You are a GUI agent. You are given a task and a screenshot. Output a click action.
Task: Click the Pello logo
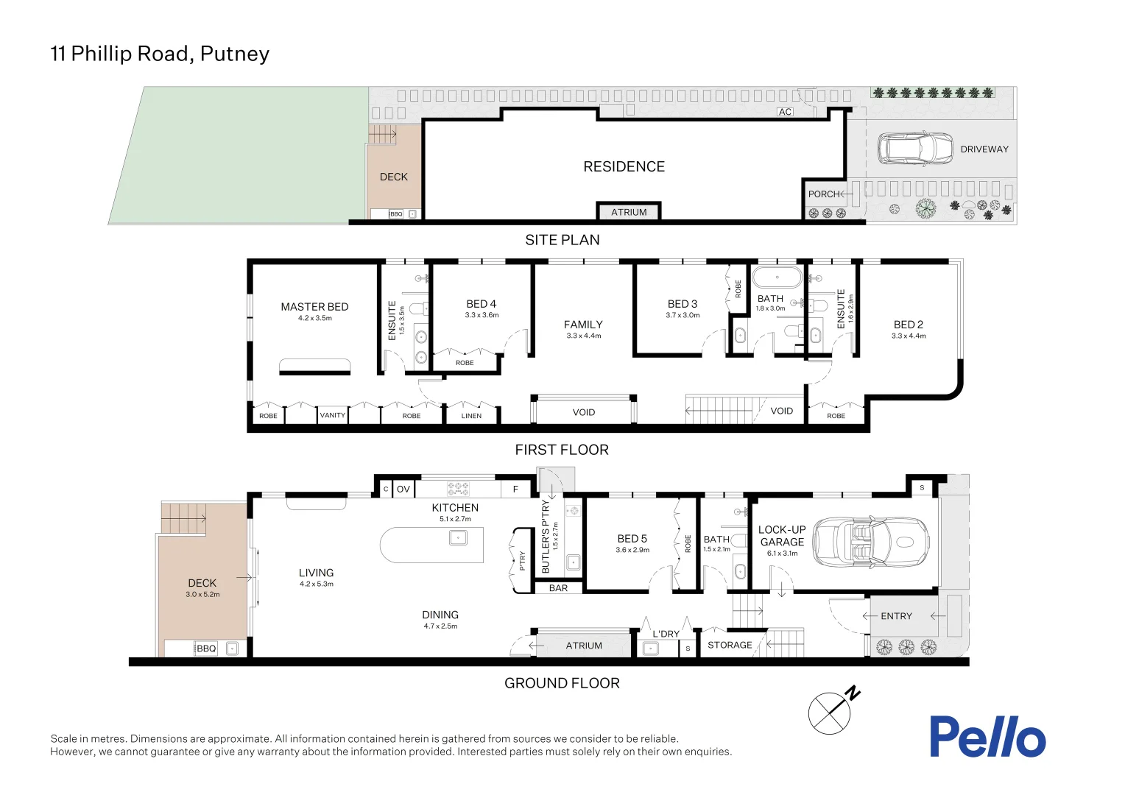pyautogui.click(x=987, y=737)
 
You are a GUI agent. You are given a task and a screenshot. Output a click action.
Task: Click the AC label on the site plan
pyautogui.click(x=785, y=112)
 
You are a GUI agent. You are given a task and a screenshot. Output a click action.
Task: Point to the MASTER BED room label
pyautogui.click(x=314, y=307)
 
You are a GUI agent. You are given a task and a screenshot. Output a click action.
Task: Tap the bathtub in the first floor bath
pyautogui.click(x=777, y=278)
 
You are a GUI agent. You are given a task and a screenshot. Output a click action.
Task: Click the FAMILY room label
pyautogui.click(x=583, y=325)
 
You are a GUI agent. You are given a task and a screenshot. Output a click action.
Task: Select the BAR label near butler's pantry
pyautogui.click(x=558, y=588)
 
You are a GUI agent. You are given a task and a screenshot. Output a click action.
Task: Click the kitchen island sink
pyautogui.click(x=458, y=538)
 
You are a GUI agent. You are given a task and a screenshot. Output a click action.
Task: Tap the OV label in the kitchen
pyautogui.click(x=403, y=489)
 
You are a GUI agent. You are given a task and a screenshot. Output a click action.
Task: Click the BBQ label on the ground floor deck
pyautogui.click(x=206, y=649)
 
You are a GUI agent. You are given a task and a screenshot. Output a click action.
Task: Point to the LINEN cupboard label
pyautogui.click(x=471, y=416)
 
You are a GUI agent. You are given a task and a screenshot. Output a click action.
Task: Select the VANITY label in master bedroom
pyautogui.click(x=332, y=415)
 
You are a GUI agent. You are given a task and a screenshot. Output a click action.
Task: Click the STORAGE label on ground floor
pyautogui.click(x=730, y=645)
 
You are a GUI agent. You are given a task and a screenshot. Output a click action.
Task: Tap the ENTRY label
pyautogui.click(x=896, y=616)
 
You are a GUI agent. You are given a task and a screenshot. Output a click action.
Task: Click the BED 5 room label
pyautogui.click(x=632, y=539)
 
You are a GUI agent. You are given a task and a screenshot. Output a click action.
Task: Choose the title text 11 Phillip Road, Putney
pyautogui.click(x=160, y=54)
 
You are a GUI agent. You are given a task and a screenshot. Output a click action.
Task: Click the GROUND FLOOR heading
pyautogui.click(x=562, y=683)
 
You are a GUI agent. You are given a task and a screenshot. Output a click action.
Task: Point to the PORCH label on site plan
pyautogui.click(x=823, y=194)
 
